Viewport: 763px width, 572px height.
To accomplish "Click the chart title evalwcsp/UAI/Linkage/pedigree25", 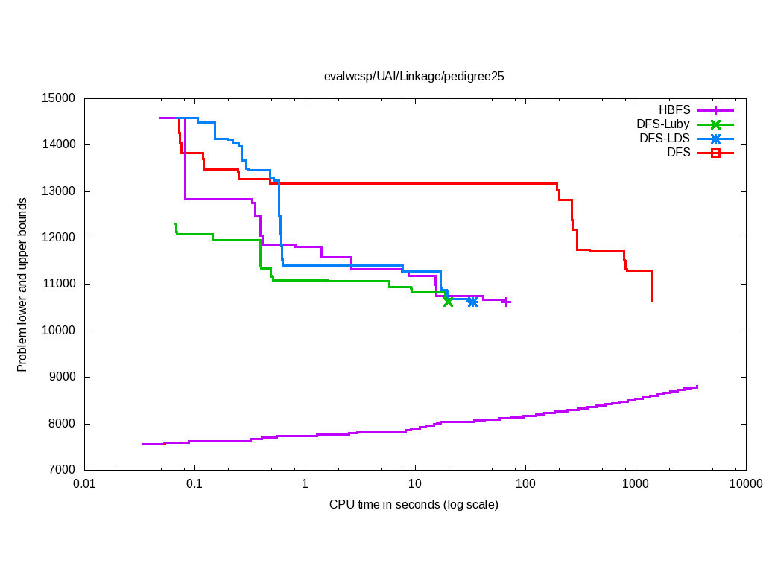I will [x=414, y=76].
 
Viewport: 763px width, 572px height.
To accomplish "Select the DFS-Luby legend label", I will [x=663, y=124].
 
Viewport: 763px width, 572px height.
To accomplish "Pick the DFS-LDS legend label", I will [x=665, y=139].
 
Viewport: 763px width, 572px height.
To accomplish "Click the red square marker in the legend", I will [x=715, y=153].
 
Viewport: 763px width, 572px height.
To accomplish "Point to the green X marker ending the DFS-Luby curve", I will [x=448, y=301].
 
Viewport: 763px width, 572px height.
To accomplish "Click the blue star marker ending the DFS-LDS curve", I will [x=472, y=301].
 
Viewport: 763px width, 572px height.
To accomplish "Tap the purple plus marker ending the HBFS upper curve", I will [x=506, y=302].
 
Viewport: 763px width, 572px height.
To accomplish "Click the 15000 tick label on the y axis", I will [x=57, y=98].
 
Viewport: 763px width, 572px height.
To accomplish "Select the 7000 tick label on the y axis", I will [x=60, y=470].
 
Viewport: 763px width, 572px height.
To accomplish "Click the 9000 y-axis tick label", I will [x=60, y=377].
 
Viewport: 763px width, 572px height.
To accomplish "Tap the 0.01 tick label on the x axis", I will [x=84, y=484].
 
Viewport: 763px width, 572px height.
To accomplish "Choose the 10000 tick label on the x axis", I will [x=745, y=484].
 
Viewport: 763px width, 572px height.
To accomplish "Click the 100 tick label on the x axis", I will [x=525, y=484].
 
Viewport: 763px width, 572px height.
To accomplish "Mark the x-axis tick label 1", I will [x=305, y=484].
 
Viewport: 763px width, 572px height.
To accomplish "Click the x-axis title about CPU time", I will [x=414, y=505].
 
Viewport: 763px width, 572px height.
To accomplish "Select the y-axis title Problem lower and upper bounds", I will [x=22, y=285].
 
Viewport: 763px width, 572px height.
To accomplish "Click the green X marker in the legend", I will [x=715, y=124].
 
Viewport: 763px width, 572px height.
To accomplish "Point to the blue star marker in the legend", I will [x=715, y=139].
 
